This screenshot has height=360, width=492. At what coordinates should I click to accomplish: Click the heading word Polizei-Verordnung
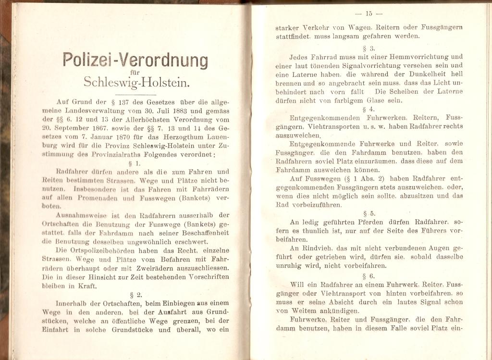[135, 61]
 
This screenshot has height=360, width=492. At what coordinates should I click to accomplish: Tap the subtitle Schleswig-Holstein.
[137, 82]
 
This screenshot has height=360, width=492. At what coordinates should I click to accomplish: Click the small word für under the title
[135, 72]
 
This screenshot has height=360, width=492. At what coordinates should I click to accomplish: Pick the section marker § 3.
[369, 48]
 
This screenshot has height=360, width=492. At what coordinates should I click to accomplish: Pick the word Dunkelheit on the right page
[414, 74]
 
